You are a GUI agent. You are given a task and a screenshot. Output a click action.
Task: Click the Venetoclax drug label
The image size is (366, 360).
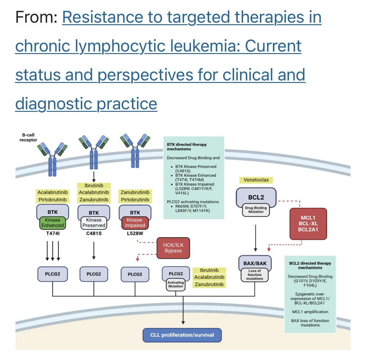point(256,180)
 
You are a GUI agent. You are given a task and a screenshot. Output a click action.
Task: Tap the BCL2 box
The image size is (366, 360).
point(256,197)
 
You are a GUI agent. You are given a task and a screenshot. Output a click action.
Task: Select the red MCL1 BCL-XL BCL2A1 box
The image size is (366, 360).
point(308,224)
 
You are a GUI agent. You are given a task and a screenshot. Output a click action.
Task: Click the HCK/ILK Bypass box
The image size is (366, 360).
point(173,248)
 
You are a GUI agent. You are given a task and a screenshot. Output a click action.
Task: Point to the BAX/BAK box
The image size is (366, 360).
point(255,263)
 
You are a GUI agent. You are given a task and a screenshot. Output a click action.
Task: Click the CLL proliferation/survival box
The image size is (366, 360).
point(182,335)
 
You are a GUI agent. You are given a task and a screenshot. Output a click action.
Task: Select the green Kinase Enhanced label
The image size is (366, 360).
point(52,223)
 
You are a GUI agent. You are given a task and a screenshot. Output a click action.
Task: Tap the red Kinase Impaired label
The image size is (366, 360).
point(135,223)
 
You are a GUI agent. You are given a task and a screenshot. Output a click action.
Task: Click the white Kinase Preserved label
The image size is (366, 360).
point(94,223)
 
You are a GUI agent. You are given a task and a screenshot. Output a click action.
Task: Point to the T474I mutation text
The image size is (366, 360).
point(52,233)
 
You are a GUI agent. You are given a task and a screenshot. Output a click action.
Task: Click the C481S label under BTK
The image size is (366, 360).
point(94,233)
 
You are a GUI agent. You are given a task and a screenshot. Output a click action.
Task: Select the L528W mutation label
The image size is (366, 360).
point(135,233)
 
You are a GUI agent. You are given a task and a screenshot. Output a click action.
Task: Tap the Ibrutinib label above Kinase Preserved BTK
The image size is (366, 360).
point(94,185)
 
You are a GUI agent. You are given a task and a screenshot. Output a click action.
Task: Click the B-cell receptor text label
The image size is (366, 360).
point(28,138)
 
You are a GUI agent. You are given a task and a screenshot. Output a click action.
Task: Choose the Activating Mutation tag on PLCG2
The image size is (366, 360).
point(176,285)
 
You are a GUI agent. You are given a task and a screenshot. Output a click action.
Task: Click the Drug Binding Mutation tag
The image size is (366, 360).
point(256,210)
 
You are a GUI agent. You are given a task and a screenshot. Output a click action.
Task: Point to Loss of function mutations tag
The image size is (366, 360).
point(255,275)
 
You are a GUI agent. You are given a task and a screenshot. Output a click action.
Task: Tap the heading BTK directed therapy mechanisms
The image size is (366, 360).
point(187,147)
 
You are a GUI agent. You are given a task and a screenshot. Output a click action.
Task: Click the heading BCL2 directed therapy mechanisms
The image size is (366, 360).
point(310,265)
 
